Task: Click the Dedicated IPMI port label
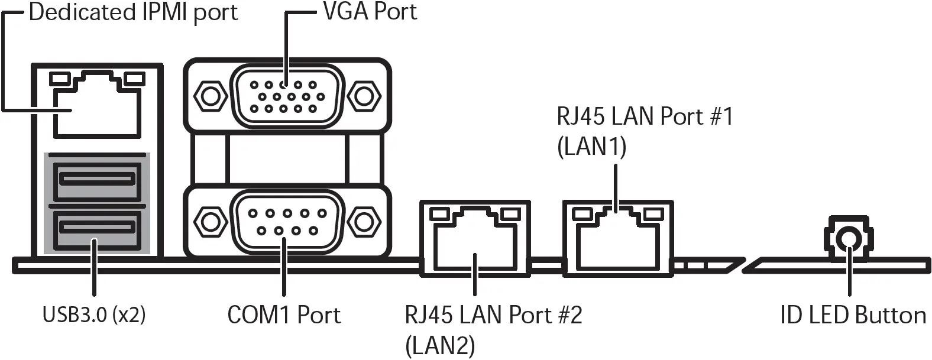click(132, 12)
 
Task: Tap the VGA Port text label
click(370, 11)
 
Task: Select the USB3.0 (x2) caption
click(94, 314)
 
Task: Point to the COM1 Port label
click(284, 314)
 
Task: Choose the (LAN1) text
click(591, 146)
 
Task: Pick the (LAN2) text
click(440, 345)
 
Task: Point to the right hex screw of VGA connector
click(364, 96)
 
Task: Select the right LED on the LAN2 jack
click(507, 213)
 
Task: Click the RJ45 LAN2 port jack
click(474, 242)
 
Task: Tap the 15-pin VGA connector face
click(284, 96)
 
